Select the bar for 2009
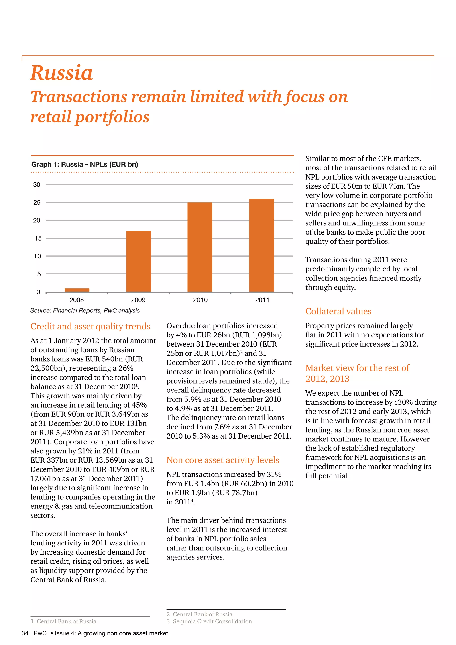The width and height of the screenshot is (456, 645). (138, 261)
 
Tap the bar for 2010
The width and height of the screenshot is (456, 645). (200, 247)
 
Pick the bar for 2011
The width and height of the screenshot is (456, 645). (261, 245)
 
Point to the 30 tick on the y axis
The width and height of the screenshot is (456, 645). (37, 185)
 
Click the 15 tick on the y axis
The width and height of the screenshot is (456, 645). (38, 238)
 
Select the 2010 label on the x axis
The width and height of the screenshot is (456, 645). (200, 300)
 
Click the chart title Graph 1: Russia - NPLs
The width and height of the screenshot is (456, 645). (85, 164)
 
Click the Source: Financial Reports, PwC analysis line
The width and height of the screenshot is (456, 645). (85, 310)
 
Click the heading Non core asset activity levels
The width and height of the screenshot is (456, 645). (222, 460)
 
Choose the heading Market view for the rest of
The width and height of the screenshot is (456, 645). (357, 368)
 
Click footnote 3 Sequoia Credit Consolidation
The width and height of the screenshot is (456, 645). (209, 621)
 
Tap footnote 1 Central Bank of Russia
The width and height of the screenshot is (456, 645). (63, 621)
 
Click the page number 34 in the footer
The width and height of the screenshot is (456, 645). (25, 633)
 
